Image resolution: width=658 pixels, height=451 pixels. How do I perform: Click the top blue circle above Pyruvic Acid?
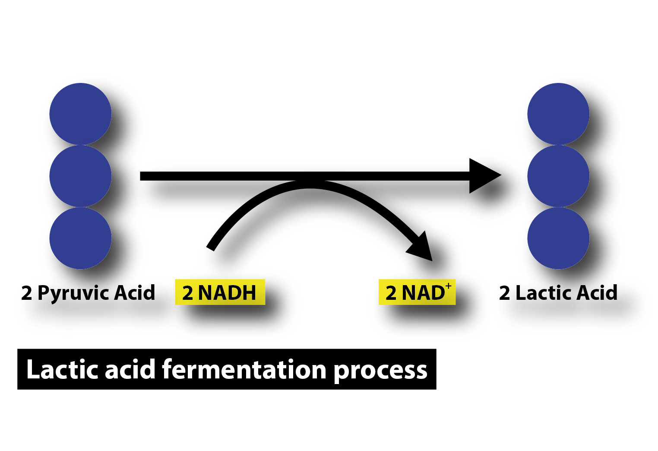tap(80, 114)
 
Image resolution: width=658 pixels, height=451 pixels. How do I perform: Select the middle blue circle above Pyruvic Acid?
tap(80, 176)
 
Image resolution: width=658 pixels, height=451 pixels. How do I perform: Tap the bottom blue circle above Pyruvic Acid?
tap(80, 238)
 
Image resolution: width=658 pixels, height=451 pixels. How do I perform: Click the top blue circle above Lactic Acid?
tap(558, 114)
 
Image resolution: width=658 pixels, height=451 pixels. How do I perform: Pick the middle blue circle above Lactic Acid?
tap(558, 176)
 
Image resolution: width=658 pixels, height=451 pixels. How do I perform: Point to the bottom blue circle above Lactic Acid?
tap(558, 238)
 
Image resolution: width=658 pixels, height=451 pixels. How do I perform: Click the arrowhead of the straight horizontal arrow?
tap(484, 176)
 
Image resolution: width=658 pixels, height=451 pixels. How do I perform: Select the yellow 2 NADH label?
tap(219, 293)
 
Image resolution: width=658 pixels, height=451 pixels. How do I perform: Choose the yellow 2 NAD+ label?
tap(417, 293)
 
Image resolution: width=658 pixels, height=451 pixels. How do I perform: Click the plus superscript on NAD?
tap(449, 286)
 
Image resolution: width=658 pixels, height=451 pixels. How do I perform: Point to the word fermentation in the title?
tap(244, 370)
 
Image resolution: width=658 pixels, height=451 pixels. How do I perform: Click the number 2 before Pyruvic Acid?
tap(26, 293)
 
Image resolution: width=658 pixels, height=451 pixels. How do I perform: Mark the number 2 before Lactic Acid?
tap(504, 293)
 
